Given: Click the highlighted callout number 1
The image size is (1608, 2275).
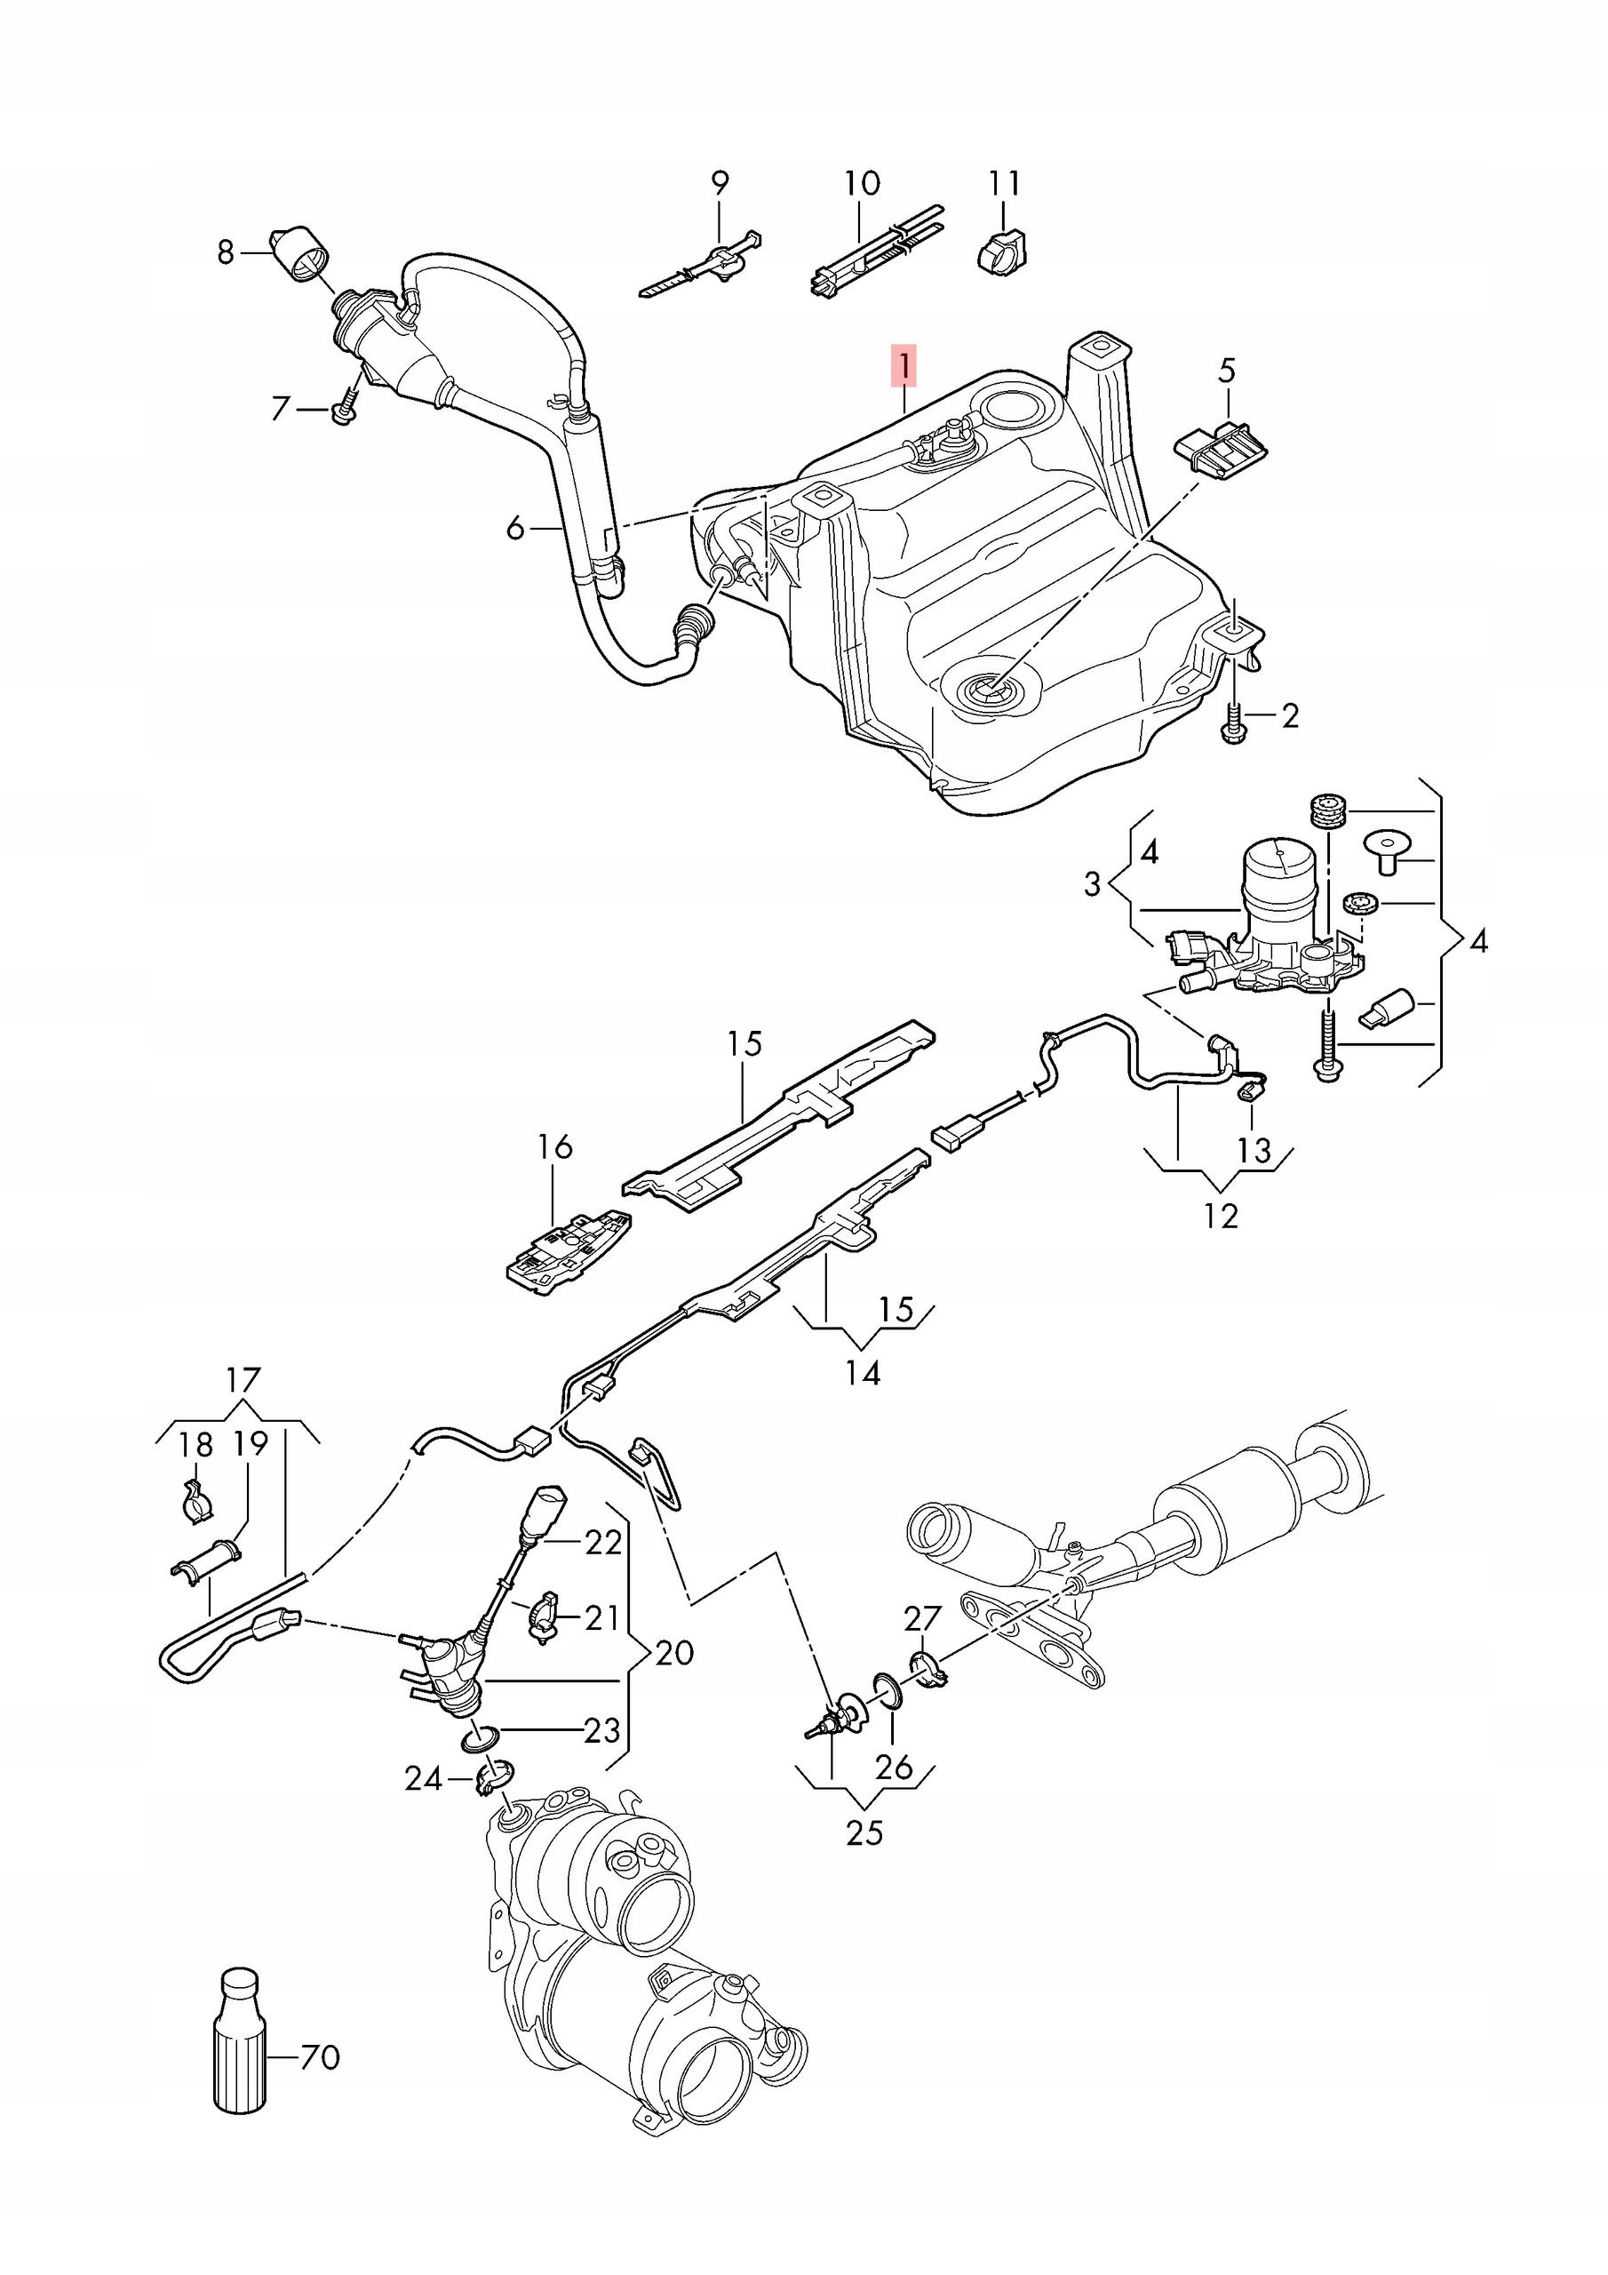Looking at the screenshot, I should click(904, 363).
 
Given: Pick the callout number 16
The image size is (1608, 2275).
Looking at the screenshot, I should click(555, 1147).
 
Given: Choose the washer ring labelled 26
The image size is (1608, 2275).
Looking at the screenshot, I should click(888, 1691).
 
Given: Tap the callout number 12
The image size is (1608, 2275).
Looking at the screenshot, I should click(1221, 1216).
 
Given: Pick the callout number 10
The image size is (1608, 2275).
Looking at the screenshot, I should click(861, 183).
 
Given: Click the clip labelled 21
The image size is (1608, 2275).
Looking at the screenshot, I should click(542, 1617).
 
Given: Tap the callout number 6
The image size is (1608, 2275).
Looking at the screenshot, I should click(515, 528).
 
